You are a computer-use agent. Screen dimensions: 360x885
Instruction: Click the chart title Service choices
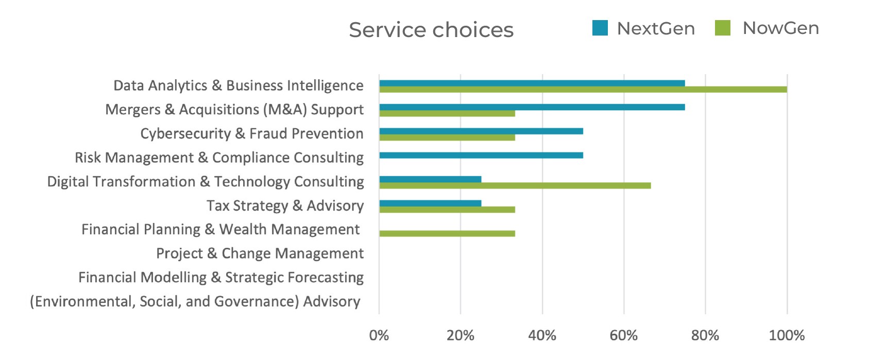[x=431, y=30]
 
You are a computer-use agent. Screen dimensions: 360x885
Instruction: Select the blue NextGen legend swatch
[x=600, y=28]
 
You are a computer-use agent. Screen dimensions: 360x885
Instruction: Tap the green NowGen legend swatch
[x=723, y=28]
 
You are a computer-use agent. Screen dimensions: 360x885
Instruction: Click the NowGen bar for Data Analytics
[x=583, y=90]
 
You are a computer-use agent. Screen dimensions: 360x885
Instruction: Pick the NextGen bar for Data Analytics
[x=532, y=83]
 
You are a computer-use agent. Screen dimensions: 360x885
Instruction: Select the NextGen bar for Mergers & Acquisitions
[x=532, y=107]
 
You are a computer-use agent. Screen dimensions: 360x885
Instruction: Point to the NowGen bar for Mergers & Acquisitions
[x=447, y=113]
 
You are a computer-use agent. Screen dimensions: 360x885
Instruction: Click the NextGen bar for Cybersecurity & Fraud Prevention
[x=481, y=131]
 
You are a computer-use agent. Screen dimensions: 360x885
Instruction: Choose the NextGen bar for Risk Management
[x=481, y=155]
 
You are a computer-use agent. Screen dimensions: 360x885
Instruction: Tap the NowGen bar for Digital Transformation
[x=515, y=185]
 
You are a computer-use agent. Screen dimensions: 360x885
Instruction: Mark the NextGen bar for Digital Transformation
[x=430, y=179]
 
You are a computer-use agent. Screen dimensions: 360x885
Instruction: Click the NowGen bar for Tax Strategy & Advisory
[x=447, y=210]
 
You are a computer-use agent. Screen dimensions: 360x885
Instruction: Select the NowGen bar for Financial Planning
[x=447, y=233]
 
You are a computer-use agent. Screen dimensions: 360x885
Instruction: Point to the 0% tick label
[x=379, y=336]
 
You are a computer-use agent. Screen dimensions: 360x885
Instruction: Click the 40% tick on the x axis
[x=542, y=336]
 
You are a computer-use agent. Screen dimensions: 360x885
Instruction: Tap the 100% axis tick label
[x=787, y=336]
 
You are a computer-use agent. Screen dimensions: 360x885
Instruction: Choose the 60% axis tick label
[x=623, y=336]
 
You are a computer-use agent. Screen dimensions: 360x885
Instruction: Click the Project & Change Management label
[x=260, y=253]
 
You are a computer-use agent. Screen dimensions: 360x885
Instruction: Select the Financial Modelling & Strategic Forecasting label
[x=221, y=278]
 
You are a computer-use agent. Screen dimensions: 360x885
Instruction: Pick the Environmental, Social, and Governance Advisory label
[x=195, y=301]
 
